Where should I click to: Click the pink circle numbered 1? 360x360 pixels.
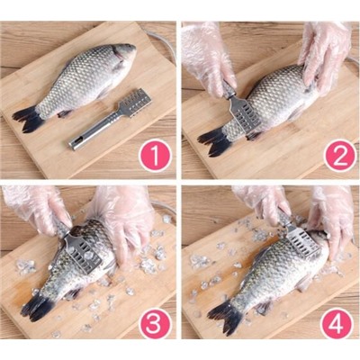click(x=155, y=155)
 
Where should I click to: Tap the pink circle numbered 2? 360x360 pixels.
click(x=339, y=155)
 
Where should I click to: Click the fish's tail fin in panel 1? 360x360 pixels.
click(x=29, y=119)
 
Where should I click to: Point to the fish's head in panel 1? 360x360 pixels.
click(x=124, y=55)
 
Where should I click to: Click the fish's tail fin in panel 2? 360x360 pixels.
click(x=213, y=143)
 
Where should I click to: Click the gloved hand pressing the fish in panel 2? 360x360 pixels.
click(x=326, y=56)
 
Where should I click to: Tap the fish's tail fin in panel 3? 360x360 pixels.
click(x=37, y=306)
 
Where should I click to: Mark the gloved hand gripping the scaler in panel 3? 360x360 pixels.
click(x=38, y=210)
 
